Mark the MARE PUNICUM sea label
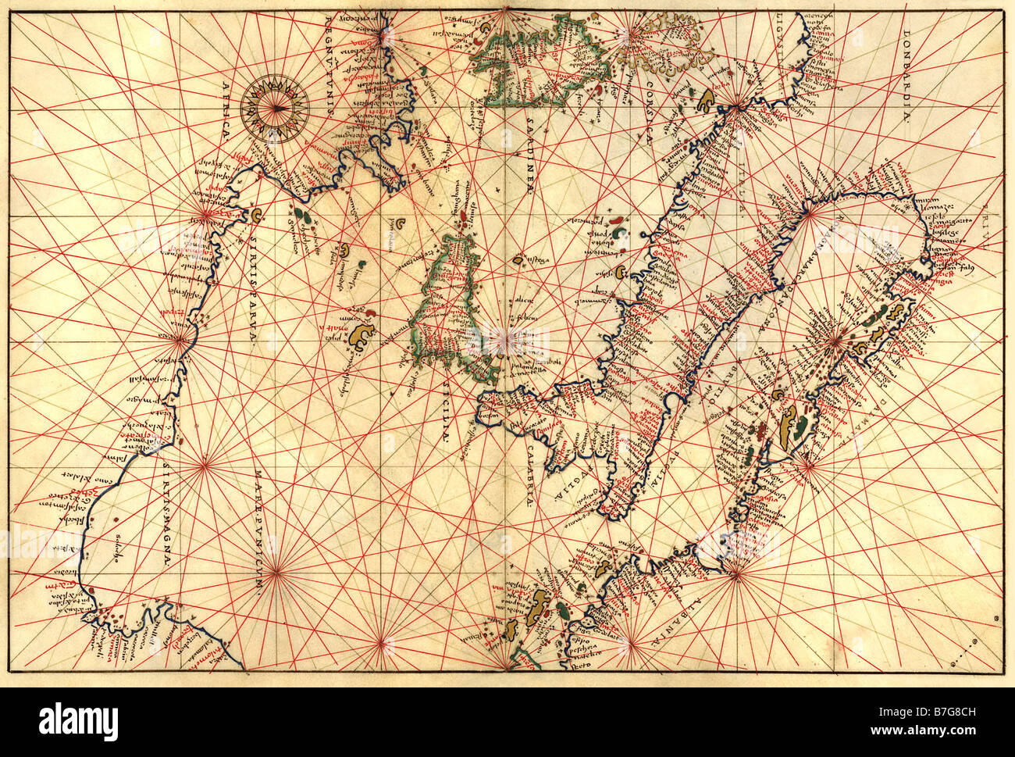point(257,532)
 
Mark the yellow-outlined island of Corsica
point(656,47)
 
